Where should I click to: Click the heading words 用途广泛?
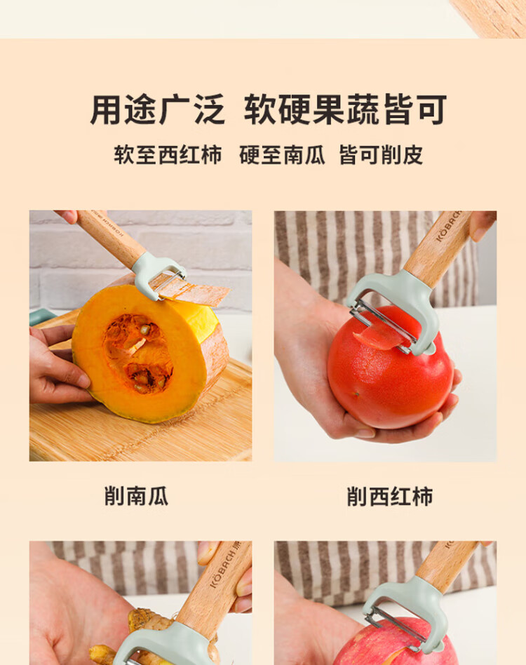157,109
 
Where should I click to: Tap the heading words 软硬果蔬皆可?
346,109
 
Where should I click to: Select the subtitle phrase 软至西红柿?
168,155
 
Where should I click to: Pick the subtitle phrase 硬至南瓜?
282,155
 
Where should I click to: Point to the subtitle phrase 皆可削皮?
381,155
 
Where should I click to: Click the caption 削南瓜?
137,496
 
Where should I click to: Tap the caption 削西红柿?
390,496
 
